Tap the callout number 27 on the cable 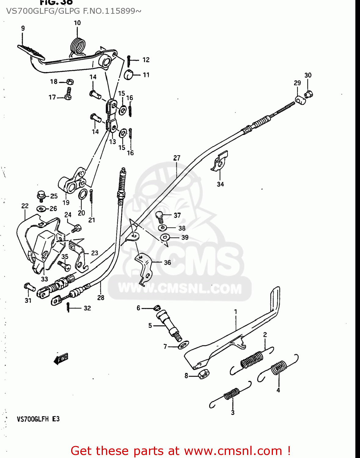tap(177, 158)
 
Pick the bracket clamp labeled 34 tap(220, 162)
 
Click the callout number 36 tap(167, 262)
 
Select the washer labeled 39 tap(165, 237)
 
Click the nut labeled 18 tap(70, 82)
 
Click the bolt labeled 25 tap(41, 195)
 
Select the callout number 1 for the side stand tap(235, 312)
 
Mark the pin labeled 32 tap(68, 307)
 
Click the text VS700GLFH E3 tap(38, 419)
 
